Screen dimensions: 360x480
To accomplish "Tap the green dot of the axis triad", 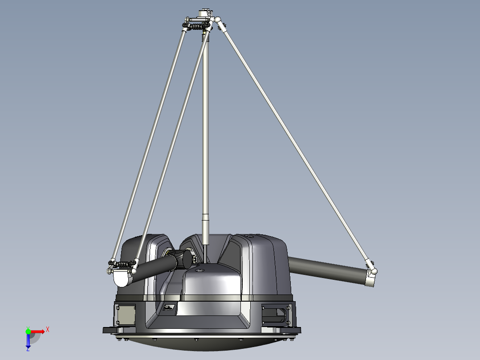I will tap(28, 331).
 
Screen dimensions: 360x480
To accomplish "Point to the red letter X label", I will tap(47, 329).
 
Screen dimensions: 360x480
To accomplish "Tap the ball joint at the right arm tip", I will tap(374, 270).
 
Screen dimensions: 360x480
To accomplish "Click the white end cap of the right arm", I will tap(370, 280).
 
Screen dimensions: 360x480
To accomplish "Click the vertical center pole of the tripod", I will tap(205, 134).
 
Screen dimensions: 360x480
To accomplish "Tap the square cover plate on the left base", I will tap(125, 315).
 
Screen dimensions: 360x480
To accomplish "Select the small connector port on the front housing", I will tap(170, 307).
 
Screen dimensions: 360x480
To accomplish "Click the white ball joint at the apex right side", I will tap(218, 20).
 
